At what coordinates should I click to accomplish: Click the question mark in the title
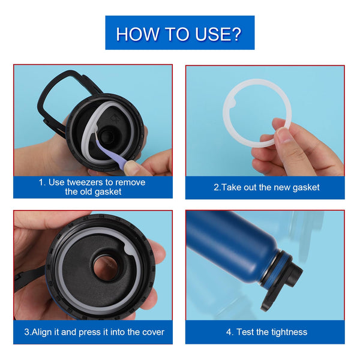click(235, 34)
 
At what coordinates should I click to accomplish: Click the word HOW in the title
click(137, 34)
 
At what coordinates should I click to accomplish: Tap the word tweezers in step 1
click(85, 182)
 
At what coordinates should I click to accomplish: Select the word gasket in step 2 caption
click(306, 187)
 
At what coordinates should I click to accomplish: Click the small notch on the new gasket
click(232, 103)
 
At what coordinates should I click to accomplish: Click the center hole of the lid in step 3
click(106, 268)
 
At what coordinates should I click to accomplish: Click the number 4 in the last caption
click(229, 332)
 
